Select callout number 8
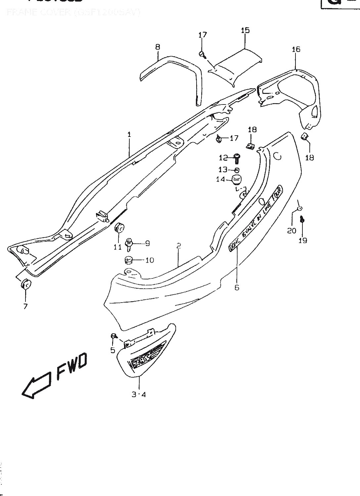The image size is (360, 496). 158,47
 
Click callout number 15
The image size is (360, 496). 245,30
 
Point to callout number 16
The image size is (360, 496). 296,49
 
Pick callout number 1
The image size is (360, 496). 129,135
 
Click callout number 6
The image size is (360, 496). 237,287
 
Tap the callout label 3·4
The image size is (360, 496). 139,394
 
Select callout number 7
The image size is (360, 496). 25,306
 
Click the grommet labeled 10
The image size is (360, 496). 129,260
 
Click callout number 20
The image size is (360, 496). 292,230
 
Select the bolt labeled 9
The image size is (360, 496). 129,244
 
